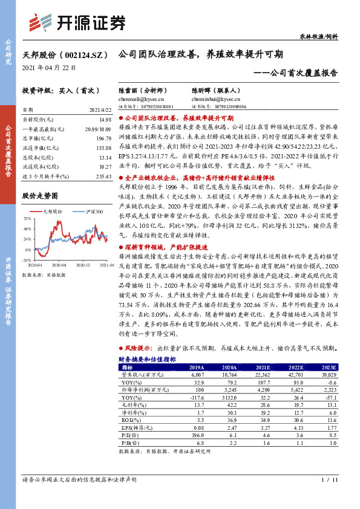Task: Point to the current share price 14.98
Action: pyautogui.click(x=106, y=121)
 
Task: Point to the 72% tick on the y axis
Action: pyautogui.click(x=28, y=218)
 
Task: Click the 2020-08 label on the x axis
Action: pyautogui.click(x=59, y=265)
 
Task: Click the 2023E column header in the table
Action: pyautogui.click(x=329, y=367)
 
